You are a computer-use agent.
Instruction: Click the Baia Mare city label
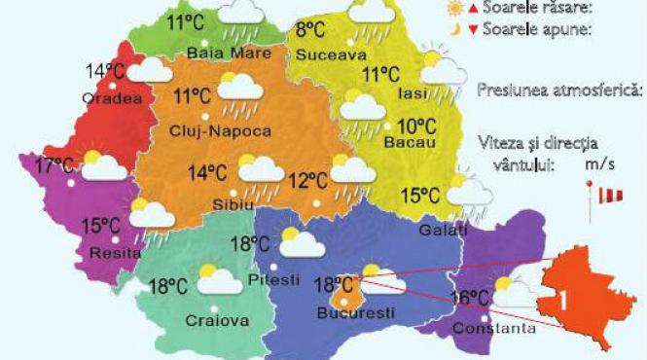coord(215,53)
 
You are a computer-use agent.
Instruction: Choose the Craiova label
coord(217,320)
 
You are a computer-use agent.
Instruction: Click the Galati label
coord(444,230)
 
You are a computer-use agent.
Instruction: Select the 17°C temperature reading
coord(54,166)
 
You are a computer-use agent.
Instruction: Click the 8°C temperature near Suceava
coord(310,30)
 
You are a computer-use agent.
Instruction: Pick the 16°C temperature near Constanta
coord(470,298)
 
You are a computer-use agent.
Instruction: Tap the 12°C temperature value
coord(307,181)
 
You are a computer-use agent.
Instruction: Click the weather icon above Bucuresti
coord(373,277)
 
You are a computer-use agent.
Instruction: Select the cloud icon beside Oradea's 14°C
coord(150,70)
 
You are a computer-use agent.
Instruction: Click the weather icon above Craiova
coord(218,279)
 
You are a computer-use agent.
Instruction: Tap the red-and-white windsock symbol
coord(610,198)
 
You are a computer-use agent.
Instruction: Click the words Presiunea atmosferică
coord(560,90)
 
